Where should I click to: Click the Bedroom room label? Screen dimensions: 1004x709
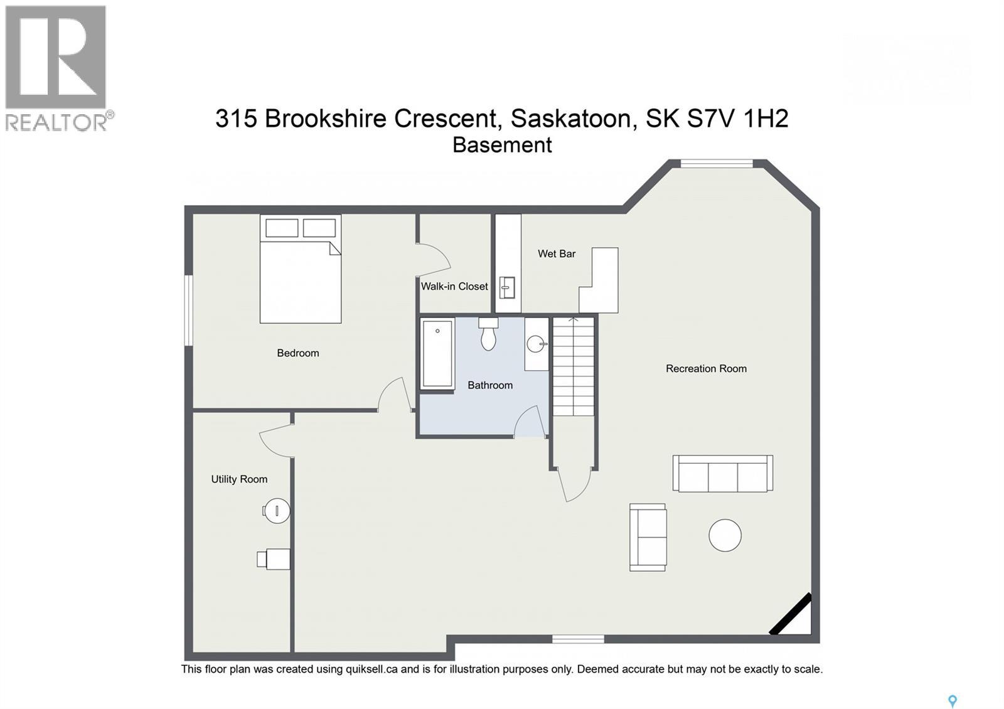point(298,353)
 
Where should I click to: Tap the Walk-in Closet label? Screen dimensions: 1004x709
point(454,286)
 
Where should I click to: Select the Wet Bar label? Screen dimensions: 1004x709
point(557,253)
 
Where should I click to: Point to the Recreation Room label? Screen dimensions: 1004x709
point(707,369)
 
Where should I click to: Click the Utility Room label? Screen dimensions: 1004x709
point(239,479)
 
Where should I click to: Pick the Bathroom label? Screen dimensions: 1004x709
point(490,385)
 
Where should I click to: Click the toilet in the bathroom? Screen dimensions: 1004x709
point(488,334)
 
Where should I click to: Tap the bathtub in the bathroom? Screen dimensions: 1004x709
point(437,354)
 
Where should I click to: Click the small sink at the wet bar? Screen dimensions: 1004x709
point(508,288)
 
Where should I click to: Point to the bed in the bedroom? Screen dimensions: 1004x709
point(301,269)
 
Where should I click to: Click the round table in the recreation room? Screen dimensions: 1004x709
point(725,535)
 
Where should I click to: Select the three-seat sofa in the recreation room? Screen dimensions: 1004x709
point(722,474)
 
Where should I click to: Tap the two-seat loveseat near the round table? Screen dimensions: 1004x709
point(648,537)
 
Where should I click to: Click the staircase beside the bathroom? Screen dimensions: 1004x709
point(574,366)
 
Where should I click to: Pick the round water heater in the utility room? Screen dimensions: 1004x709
point(277,511)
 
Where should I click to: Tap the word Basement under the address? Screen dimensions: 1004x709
point(502,145)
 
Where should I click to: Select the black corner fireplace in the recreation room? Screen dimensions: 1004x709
point(790,614)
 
